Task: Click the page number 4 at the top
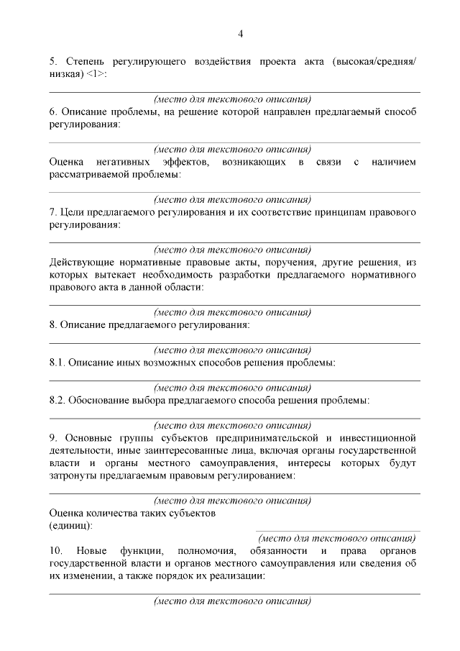click(241, 33)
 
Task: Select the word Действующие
click(79, 263)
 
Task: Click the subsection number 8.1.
click(57, 363)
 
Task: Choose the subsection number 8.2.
click(57, 399)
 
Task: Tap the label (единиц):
click(70, 526)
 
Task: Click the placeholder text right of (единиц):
click(337, 538)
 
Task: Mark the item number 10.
click(56, 551)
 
